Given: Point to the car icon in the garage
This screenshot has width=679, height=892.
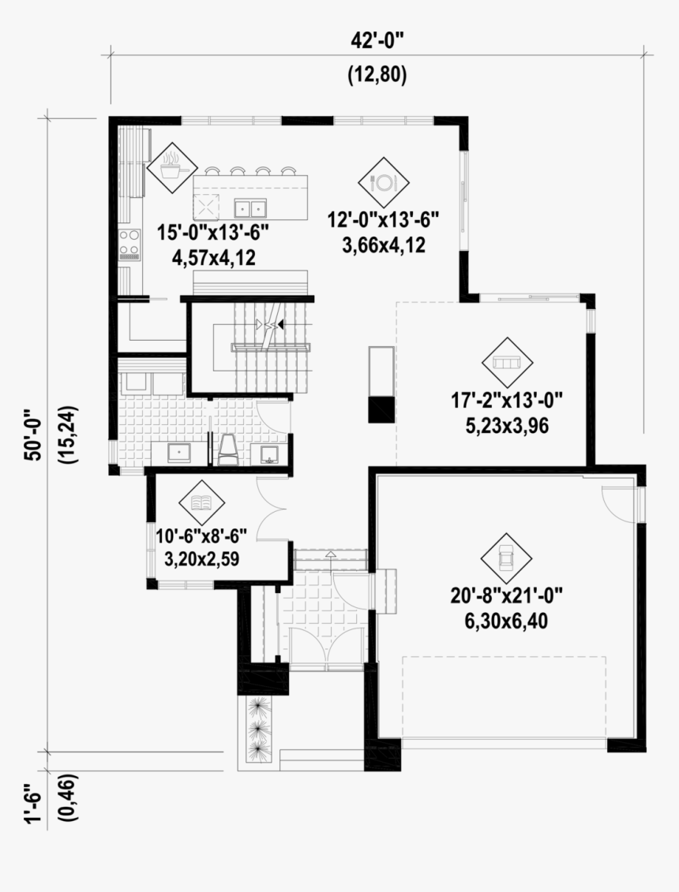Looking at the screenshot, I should tap(506, 558).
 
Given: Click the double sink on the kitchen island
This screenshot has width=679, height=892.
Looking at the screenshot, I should tap(251, 209).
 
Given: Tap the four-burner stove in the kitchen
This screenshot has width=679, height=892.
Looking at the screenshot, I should tap(128, 244).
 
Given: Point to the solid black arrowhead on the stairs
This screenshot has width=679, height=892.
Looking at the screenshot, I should tap(281, 324).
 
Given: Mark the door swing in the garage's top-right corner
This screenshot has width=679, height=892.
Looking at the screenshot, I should tap(617, 499).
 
